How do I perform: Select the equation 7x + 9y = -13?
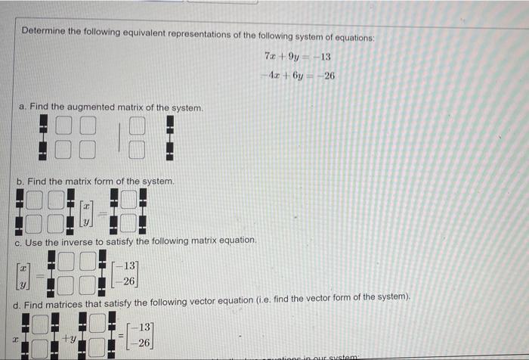pyautogui.click(x=298, y=57)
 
